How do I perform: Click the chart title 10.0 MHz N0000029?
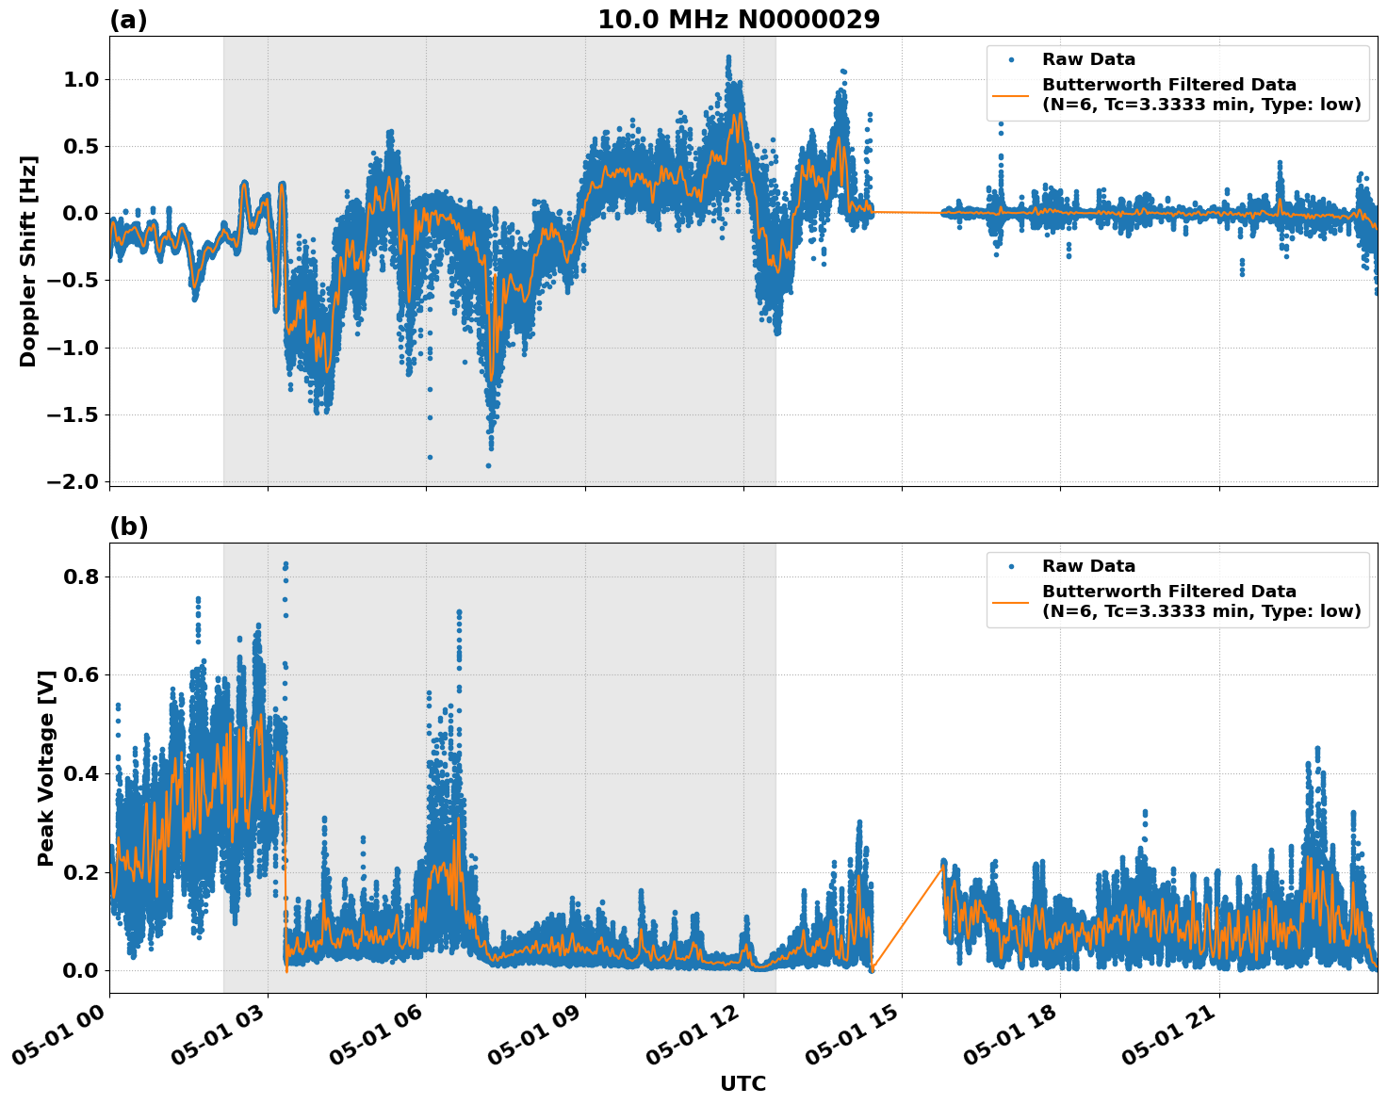click(x=738, y=20)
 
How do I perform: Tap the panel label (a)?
click(x=128, y=20)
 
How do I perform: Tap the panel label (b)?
click(x=128, y=527)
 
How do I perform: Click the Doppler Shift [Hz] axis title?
click(x=28, y=261)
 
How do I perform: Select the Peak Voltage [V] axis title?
click(x=46, y=768)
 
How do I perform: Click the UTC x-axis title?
click(x=742, y=1083)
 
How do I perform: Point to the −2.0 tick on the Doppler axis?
click(x=73, y=481)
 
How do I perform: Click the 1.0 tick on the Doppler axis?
click(x=80, y=79)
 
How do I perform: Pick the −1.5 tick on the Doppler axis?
click(x=73, y=414)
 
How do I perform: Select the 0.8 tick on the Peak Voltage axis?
click(x=80, y=576)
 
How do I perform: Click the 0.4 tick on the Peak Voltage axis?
click(x=80, y=773)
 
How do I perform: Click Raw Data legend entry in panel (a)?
click(x=1088, y=59)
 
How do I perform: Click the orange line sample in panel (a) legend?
click(x=1010, y=95)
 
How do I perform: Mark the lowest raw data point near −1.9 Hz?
click(x=488, y=465)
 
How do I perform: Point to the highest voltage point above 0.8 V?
click(x=286, y=563)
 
